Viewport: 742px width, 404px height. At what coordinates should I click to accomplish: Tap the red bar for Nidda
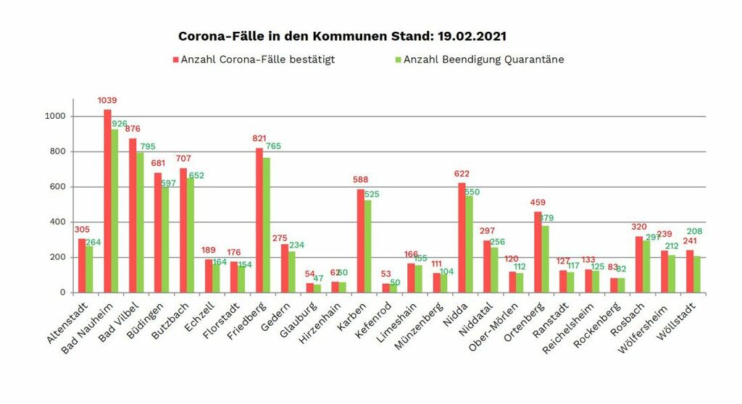point(462,238)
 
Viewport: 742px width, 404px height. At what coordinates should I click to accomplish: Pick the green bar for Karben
point(368,246)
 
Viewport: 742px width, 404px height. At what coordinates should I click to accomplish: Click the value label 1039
point(107,101)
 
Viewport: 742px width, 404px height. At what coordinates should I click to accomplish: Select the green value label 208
point(693,232)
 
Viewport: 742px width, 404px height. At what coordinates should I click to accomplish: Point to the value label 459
point(538,203)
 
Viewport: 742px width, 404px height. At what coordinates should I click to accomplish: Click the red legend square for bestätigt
point(175,59)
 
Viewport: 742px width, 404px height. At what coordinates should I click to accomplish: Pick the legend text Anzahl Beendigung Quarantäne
point(483,59)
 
